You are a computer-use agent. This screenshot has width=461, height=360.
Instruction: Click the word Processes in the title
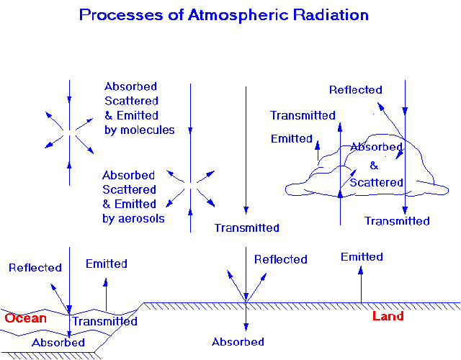(x=121, y=14)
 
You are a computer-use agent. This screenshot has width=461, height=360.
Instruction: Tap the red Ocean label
(x=26, y=318)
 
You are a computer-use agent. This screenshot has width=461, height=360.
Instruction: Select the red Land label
(x=388, y=316)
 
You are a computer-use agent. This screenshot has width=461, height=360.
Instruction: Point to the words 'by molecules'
(x=140, y=130)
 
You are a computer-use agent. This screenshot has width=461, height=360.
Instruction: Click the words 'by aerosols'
(x=133, y=218)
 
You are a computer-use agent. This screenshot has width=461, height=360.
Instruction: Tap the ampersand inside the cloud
(x=374, y=166)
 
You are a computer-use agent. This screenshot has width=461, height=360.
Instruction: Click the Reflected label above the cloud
(x=355, y=89)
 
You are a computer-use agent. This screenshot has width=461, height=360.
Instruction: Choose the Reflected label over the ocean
(x=35, y=267)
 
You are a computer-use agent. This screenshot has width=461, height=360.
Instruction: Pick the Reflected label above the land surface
(x=281, y=259)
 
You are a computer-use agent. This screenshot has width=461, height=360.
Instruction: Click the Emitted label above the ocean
(x=107, y=264)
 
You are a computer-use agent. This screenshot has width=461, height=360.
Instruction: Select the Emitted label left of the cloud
(x=291, y=138)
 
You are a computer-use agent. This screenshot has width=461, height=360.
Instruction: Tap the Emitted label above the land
(x=362, y=256)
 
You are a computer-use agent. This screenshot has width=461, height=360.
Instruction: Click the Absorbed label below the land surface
(x=238, y=342)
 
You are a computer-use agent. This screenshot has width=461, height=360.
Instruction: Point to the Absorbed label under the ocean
(x=58, y=343)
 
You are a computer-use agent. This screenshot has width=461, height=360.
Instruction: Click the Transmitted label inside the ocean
(x=105, y=321)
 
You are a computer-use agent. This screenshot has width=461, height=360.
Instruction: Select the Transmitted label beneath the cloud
(x=397, y=221)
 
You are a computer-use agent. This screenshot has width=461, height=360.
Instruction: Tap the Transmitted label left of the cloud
(x=303, y=115)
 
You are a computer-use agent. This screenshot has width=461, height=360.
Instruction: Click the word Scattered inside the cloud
(x=376, y=182)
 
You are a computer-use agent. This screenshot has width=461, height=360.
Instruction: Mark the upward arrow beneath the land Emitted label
(x=361, y=284)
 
